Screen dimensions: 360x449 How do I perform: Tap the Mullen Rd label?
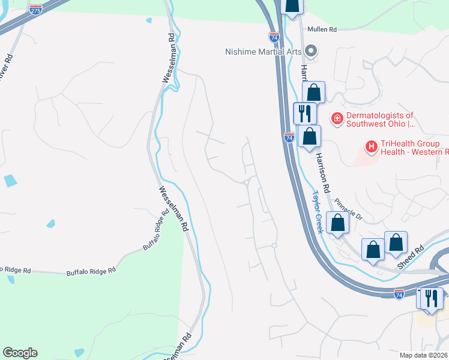322,29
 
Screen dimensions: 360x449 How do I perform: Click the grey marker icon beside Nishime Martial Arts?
311,50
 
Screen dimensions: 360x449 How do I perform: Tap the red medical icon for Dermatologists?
337,119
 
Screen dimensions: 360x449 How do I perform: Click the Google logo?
20,353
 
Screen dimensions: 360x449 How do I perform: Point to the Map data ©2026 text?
423,355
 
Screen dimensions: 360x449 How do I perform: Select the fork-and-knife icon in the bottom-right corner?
431,298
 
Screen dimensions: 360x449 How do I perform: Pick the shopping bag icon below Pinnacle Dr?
338,223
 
